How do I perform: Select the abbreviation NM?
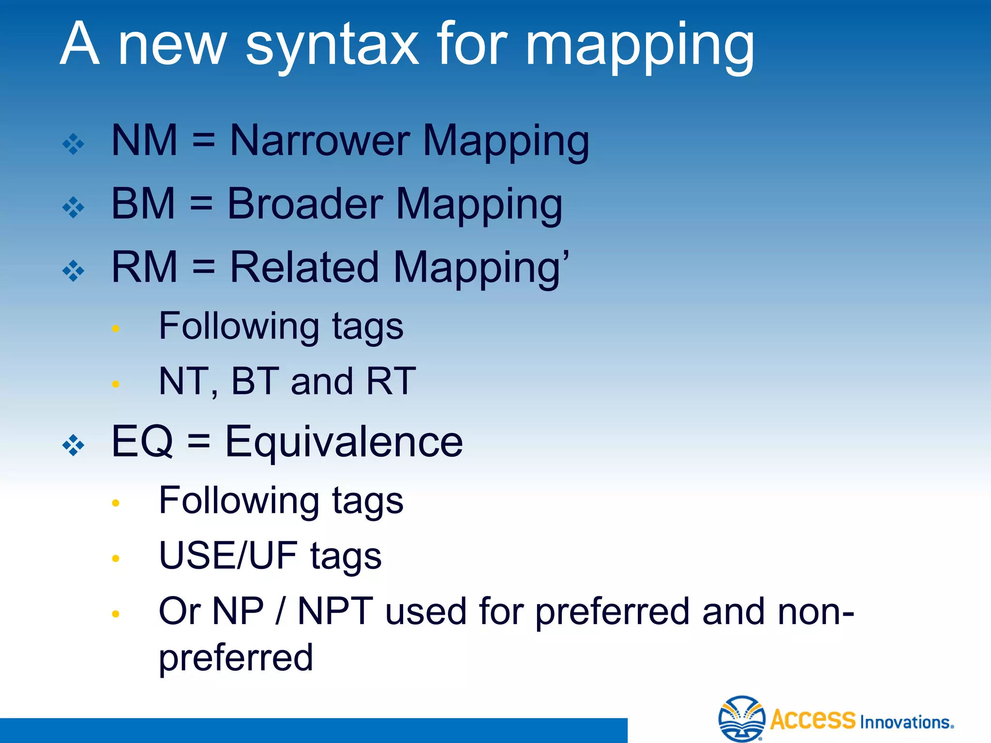[144, 141]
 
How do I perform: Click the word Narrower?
[320, 141]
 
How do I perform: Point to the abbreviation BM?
[143, 204]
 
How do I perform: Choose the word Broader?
[305, 204]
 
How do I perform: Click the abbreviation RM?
[144, 267]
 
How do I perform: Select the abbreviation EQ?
[142, 441]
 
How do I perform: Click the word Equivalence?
[344, 441]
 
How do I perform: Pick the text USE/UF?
[227, 555]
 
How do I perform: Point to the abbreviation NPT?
[335, 611]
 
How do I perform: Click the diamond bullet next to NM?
[74, 144]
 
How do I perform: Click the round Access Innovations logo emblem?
[741, 719]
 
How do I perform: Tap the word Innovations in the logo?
[905, 722]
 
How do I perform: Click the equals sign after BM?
[201, 204]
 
